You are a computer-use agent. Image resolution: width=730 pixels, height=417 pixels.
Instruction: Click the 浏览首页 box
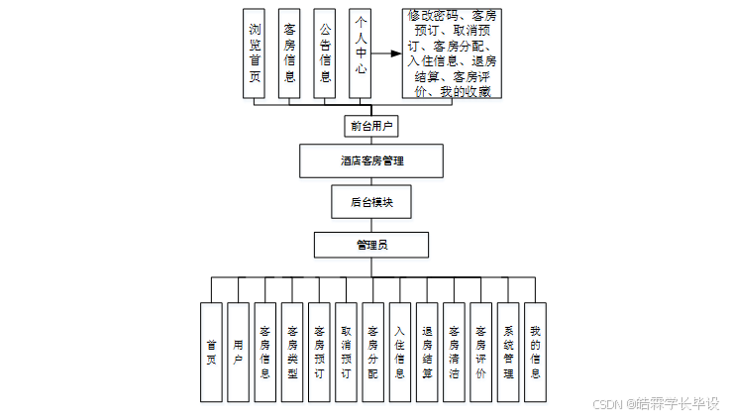tap(256, 53)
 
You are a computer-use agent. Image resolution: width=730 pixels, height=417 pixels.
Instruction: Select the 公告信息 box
tap(325, 53)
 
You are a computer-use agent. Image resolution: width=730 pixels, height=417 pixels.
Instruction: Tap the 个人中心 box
tap(360, 53)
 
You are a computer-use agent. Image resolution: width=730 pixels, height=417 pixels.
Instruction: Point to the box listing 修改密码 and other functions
tap(453, 54)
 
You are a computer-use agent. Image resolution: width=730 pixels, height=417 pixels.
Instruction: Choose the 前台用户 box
tap(371, 126)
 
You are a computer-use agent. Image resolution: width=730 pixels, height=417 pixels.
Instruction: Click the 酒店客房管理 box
tap(371, 160)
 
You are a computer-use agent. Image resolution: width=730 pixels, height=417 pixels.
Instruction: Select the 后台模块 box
tap(371, 201)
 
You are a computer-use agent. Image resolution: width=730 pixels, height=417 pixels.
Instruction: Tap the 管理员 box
tap(371, 244)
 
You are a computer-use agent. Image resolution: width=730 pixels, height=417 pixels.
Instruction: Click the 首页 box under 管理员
tap(211, 352)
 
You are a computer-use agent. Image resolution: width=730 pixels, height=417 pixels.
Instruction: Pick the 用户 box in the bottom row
tap(238, 352)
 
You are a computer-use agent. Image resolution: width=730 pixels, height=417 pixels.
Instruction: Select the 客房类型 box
tap(291, 352)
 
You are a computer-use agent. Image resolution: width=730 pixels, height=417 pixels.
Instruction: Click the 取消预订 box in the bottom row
tap(345, 352)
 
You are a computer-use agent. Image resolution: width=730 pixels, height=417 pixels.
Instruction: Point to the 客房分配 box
tap(372, 352)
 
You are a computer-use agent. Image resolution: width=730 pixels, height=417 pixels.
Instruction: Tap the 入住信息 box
tap(399, 352)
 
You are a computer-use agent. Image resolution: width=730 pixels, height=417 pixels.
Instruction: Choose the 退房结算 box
tap(426, 352)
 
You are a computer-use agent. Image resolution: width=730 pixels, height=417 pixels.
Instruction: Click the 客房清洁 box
tap(454, 352)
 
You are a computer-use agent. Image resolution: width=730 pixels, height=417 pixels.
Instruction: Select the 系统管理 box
tap(508, 352)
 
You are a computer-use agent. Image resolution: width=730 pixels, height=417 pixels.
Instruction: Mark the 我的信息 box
tap(535, 352)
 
